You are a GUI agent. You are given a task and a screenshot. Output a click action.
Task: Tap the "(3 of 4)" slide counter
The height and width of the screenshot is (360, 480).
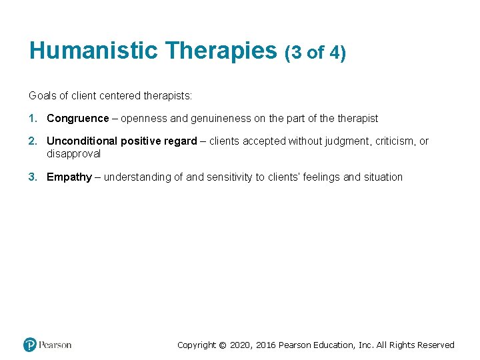click(x=315, y=52)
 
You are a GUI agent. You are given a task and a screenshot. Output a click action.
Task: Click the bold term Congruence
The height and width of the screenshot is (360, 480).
click(x=77, y=118)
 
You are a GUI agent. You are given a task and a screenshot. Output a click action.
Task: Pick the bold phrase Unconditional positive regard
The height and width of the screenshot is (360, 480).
click(x=121, y=141)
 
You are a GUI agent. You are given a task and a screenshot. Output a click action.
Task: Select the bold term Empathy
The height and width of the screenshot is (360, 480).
click(x=69, y=177)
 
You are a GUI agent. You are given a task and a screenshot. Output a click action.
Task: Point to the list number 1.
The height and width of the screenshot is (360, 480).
click(x=32, y=118)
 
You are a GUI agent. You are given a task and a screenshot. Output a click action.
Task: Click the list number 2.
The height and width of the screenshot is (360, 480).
click(x=32, y=141)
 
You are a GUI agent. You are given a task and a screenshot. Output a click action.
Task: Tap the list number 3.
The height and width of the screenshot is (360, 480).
click(x=32, y=177)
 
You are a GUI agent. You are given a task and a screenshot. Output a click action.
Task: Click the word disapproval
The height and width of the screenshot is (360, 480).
click(x=73, y=153)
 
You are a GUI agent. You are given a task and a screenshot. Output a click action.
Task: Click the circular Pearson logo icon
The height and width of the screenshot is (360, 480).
click(x=30, y=345)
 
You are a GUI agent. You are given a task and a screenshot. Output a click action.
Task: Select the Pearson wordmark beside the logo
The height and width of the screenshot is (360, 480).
click(x=55, y=345)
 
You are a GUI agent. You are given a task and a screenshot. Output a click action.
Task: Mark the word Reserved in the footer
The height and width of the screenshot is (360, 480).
click(x=435, y=345)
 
